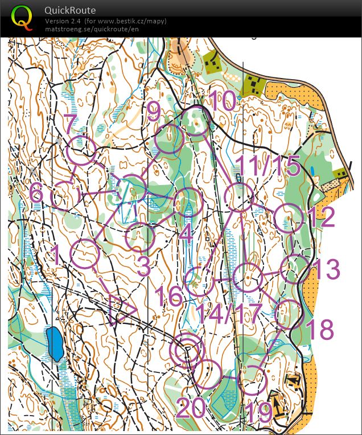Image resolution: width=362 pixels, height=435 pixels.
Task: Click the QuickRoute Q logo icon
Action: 22,18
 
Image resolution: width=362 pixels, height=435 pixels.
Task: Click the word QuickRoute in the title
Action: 70,10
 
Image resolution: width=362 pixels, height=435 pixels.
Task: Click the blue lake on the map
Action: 55,343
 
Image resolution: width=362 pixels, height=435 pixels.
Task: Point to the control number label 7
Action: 69,124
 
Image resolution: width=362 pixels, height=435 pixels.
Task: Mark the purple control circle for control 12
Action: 289,219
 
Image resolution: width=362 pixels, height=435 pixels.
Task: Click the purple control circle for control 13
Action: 295,269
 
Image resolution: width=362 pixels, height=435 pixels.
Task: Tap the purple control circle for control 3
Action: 140,237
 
